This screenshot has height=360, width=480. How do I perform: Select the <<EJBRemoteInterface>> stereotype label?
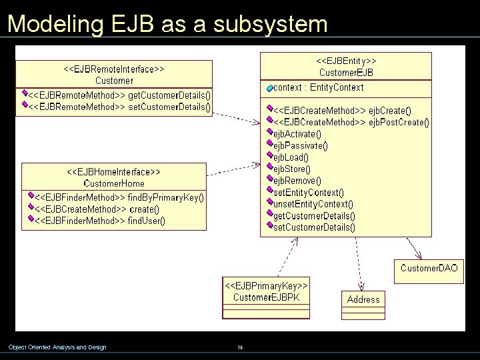114,69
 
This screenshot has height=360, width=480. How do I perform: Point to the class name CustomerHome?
114,183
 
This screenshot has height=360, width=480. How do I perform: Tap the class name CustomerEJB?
346,72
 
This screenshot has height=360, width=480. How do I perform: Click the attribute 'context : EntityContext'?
318,87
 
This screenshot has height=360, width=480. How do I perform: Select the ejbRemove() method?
297,181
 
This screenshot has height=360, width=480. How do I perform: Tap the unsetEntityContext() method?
313,204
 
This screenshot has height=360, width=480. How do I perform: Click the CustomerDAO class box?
429,268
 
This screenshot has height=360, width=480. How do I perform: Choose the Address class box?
363,299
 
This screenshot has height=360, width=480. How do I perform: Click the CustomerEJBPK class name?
266,297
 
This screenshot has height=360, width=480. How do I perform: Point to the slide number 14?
240,347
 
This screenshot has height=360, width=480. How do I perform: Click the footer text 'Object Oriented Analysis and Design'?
57,347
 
